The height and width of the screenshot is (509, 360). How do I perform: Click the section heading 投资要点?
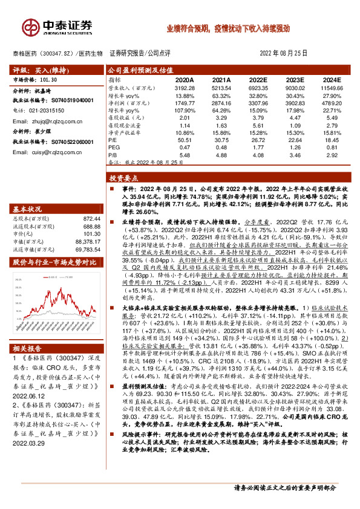pyautogui.click(x=123, y=179)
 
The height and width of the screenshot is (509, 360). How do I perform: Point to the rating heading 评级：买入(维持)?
pyautogui.click(x=38, y=70)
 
